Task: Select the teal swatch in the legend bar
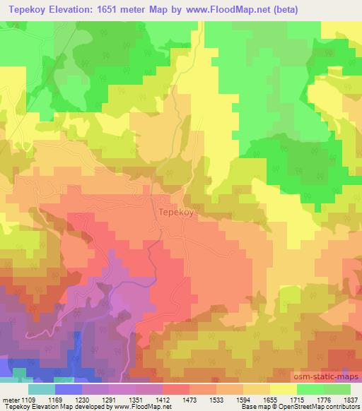click(x=41, y=389)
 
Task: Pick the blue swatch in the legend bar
click(x=69, y=389)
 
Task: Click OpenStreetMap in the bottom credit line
click(x=310, y=407)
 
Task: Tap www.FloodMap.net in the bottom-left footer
click(x=132, y=407)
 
